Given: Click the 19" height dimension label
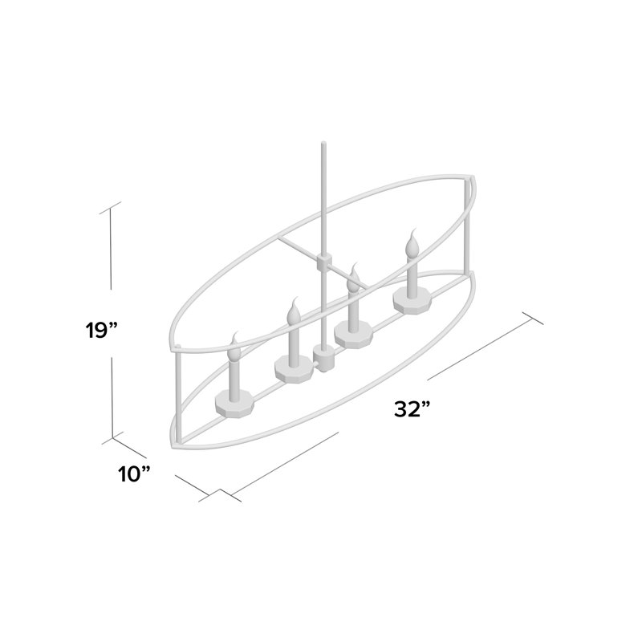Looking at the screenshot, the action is click(x=102, y=330).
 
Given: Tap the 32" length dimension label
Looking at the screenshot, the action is click(x=412, y=409).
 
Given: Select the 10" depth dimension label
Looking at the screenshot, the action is click(x=134, y=474).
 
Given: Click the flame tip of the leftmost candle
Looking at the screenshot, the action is click(x=234, y=332).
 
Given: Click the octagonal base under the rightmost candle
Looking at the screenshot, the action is click(x=412, y=299).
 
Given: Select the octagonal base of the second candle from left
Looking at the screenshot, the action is click(x=294, y=368).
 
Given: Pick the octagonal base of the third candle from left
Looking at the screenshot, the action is click(x=353, y=334).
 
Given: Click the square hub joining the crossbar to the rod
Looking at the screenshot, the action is click(x=323, y=262).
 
